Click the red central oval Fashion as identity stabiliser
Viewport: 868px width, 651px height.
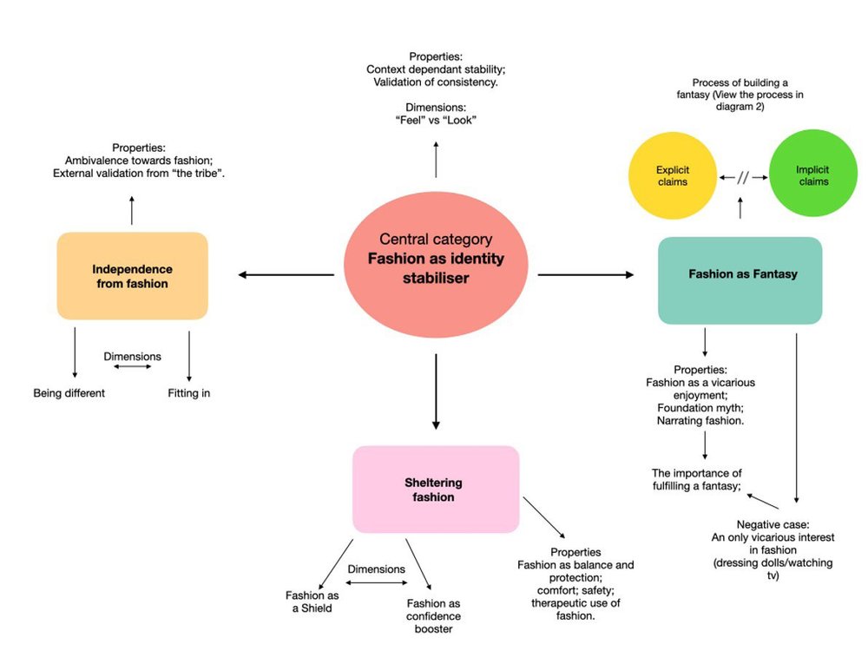point(436,260)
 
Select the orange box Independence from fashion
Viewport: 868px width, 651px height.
point(132,276)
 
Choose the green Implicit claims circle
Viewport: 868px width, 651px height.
point(812,176)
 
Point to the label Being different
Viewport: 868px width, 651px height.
point(69,393)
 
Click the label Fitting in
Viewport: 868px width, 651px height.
point(188,393)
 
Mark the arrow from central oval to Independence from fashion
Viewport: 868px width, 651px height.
point(286,275)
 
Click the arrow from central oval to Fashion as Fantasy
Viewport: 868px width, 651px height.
point(585,275)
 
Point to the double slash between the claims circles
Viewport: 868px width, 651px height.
point(742,177)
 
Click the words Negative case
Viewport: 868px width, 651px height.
point(773,525)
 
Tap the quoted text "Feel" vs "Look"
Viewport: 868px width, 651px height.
point(436,120)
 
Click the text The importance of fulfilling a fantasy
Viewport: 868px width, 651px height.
point(696,480)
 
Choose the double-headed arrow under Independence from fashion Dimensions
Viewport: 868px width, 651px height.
point(132,366)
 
